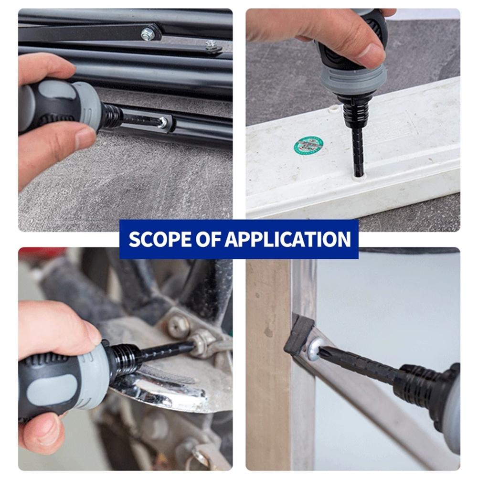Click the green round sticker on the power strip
click(x=308, y=145)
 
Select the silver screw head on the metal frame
click(x=315, y=350)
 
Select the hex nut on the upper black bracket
click(x=148, y=34)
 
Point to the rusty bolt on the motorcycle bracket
click(x=177, y=327)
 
